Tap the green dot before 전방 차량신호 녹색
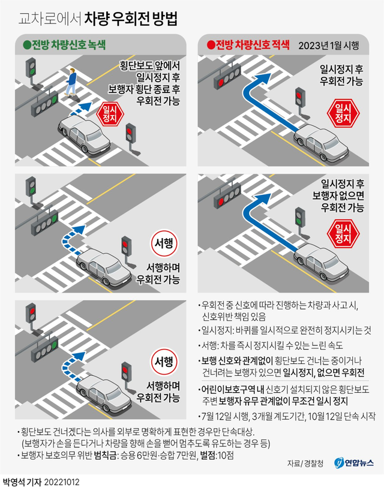[x=26, y=45]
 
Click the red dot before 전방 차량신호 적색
[x=210, y=45]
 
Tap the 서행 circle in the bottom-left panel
[x=164, y=363]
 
